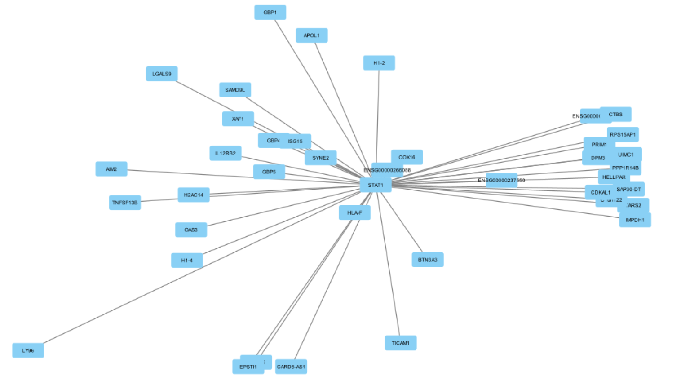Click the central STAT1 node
click(x=376, y=185)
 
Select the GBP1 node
click(x=270, y=13)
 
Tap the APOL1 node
click(x=311, y=35)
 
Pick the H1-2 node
click(x=379, y=63)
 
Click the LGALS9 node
click(x=162, y=74)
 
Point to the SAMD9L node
click(x=235, y=90)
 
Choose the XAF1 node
click(x=238, y=119)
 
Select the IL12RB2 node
click(x=225, y=153)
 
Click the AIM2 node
click(x=111, y=169)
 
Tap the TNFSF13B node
click(x=125, y=203)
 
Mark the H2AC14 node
click(x=194, y=195)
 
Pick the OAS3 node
click(x=191, y=230)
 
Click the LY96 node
click(x=28, y=350)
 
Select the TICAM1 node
click(x=400, y=343)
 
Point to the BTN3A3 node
click(x=427, y=260)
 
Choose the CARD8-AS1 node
click(x=291, y=367)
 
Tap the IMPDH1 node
click(x=635, y=220)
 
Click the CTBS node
click(x=616, y=114)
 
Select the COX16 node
click(x=407, y=157)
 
